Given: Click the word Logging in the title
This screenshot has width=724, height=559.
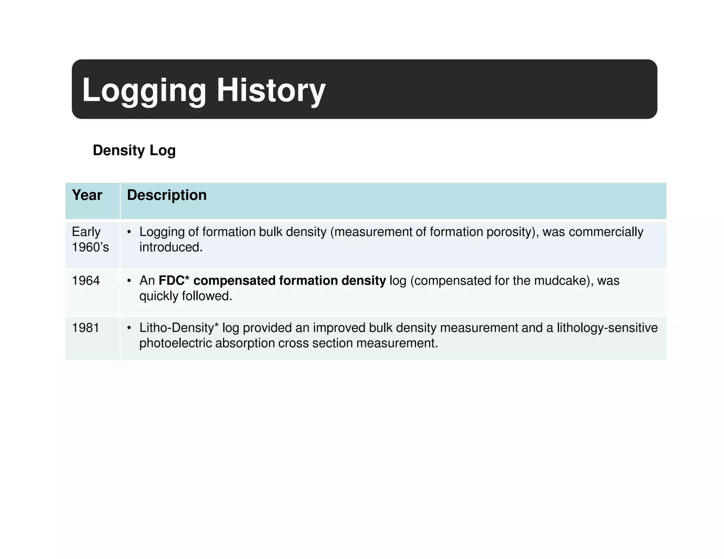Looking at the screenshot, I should coord(144,90).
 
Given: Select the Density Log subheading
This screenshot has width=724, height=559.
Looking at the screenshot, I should coord(134,150).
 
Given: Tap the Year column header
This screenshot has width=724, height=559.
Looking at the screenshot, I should coord(87,195).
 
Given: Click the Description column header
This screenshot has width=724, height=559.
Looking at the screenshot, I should coord(167,195).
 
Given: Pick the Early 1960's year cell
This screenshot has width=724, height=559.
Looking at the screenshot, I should coord(90,240).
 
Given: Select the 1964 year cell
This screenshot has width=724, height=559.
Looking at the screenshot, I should coord(86,281).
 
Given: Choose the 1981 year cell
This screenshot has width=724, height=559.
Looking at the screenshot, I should coord(86,328).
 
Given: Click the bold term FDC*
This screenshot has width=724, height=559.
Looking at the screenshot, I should coord(174,281).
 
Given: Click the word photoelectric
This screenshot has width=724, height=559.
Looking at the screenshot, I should coord(175,343).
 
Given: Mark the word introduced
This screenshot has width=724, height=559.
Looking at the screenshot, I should coord(171,247).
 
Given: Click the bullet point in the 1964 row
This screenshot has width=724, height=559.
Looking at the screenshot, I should coord(129,281).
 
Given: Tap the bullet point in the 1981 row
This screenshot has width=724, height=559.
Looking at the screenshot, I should coord(129,328).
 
